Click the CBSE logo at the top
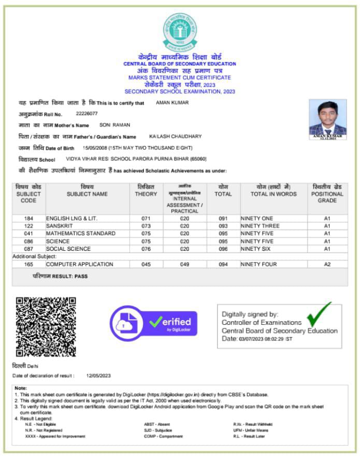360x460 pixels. click(180, 32)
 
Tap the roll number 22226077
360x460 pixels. click(87, 113)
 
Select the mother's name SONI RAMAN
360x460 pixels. click(115, 125)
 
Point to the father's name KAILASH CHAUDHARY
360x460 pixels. click(175, 136)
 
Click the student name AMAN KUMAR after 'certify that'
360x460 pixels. click(172, 103)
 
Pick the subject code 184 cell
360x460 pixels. click(28, 219)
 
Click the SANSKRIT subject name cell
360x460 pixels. click(61, 226)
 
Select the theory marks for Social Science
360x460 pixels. click(146, 249)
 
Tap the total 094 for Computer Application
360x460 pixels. click(223, 265)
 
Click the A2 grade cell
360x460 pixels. click(327, 265)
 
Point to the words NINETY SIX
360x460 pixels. click(256, 249)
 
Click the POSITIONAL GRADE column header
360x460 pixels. click(327, 194)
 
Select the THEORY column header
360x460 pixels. click(146, 191)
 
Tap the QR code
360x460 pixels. click(46, 327)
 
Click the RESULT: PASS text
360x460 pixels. click(60, 277)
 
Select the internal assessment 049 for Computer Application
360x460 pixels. click(184, 265)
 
